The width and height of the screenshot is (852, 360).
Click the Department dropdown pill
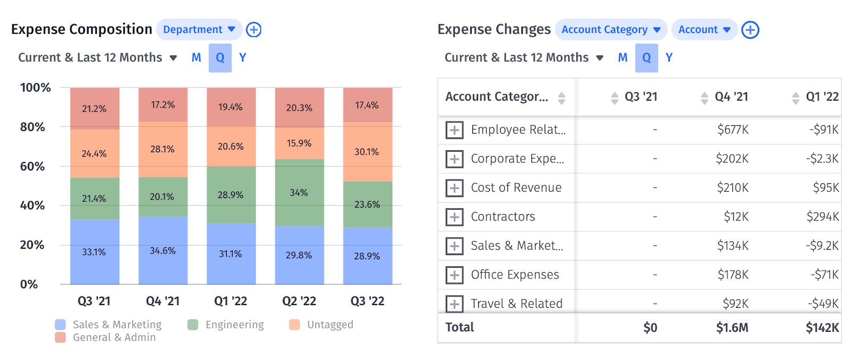pyautogui.click(x=199, y=30)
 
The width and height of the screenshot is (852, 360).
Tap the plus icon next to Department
pyautogui.click(x=253, y=30)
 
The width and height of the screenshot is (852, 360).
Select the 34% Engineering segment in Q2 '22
pyautogui.click(x=299, y=193)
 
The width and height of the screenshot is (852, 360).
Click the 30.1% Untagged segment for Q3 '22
pyautogui.click(x=367, y=152)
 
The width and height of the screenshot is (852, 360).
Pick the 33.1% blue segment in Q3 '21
pyautogui.click(x=94, y=252)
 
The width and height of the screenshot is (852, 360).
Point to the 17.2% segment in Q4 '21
pyautogui.click(x=163, y=105)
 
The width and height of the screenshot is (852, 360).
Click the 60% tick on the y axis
pyautogui.click(x=32, y=167)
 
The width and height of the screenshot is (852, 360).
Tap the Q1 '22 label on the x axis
pyautogui.click(x=231, y=301)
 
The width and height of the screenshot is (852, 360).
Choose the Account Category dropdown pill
pyautogui.click(x=610, y=30)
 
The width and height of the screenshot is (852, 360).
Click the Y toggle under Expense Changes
pyautogui.click(x=669, y=58)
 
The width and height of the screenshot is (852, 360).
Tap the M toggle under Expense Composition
pyautogui.click(x=196, y=58)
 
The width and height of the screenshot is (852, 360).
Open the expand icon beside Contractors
pyautogui.click(x=454, y=217)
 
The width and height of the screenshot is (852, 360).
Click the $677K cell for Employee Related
pyautogui.click(x=733, y=129)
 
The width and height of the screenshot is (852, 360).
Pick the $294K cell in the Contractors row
pyautogui.click(x=823, y=217)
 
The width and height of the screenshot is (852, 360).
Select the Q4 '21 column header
pyautogui.click(x=731, y=97)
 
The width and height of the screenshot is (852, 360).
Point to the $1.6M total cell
pyautogui.click(x=732, y=328)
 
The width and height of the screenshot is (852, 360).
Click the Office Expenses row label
pyautogui.click(x=515, y=275)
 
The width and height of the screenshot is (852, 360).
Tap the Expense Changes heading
pyautogui.click(x=494, y=29)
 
